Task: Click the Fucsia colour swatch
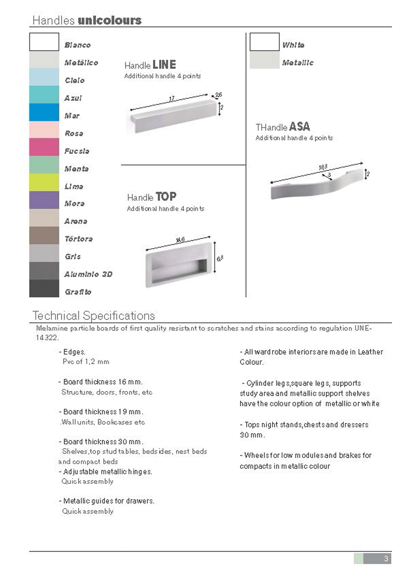44,147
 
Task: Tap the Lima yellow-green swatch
44,182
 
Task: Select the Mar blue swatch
44,112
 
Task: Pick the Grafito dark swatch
44,288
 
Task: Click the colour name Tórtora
79,239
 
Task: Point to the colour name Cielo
74,80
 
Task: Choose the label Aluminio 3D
88,274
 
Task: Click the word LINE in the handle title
164,65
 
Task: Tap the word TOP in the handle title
166,197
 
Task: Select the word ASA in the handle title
300,127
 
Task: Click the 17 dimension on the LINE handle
172,98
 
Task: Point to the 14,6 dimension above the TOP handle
180,240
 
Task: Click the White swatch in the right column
264,42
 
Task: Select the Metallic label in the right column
298,63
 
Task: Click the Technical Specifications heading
94,316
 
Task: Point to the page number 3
386,559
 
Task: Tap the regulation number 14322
47,338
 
